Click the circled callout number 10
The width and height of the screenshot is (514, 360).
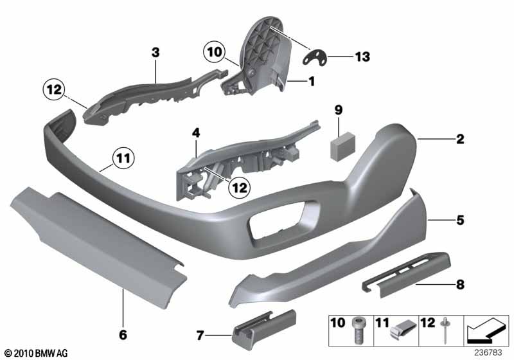click(x=215, y=52)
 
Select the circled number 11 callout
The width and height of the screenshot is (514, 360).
click(x=123, y=159)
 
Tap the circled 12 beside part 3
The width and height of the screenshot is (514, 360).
click(x=54, y=89)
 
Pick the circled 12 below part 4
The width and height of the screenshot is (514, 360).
click(x=239, y=188)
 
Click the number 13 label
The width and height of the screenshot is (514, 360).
click(x=362, y=57)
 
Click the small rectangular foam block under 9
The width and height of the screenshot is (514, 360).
click(x=343, y=146)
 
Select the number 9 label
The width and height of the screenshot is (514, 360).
click(x=339, y=110)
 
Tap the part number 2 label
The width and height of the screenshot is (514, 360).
click(x=460, y=139)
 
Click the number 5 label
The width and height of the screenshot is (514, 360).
click(x=461, y=220)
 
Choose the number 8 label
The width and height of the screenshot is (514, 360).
click(x=461, y=284)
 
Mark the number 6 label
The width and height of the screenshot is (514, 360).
click(x=123, y=335)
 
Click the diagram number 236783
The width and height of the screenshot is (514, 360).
click(x=488, y=352)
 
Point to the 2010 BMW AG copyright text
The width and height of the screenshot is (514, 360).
click(x=37, y=353)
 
